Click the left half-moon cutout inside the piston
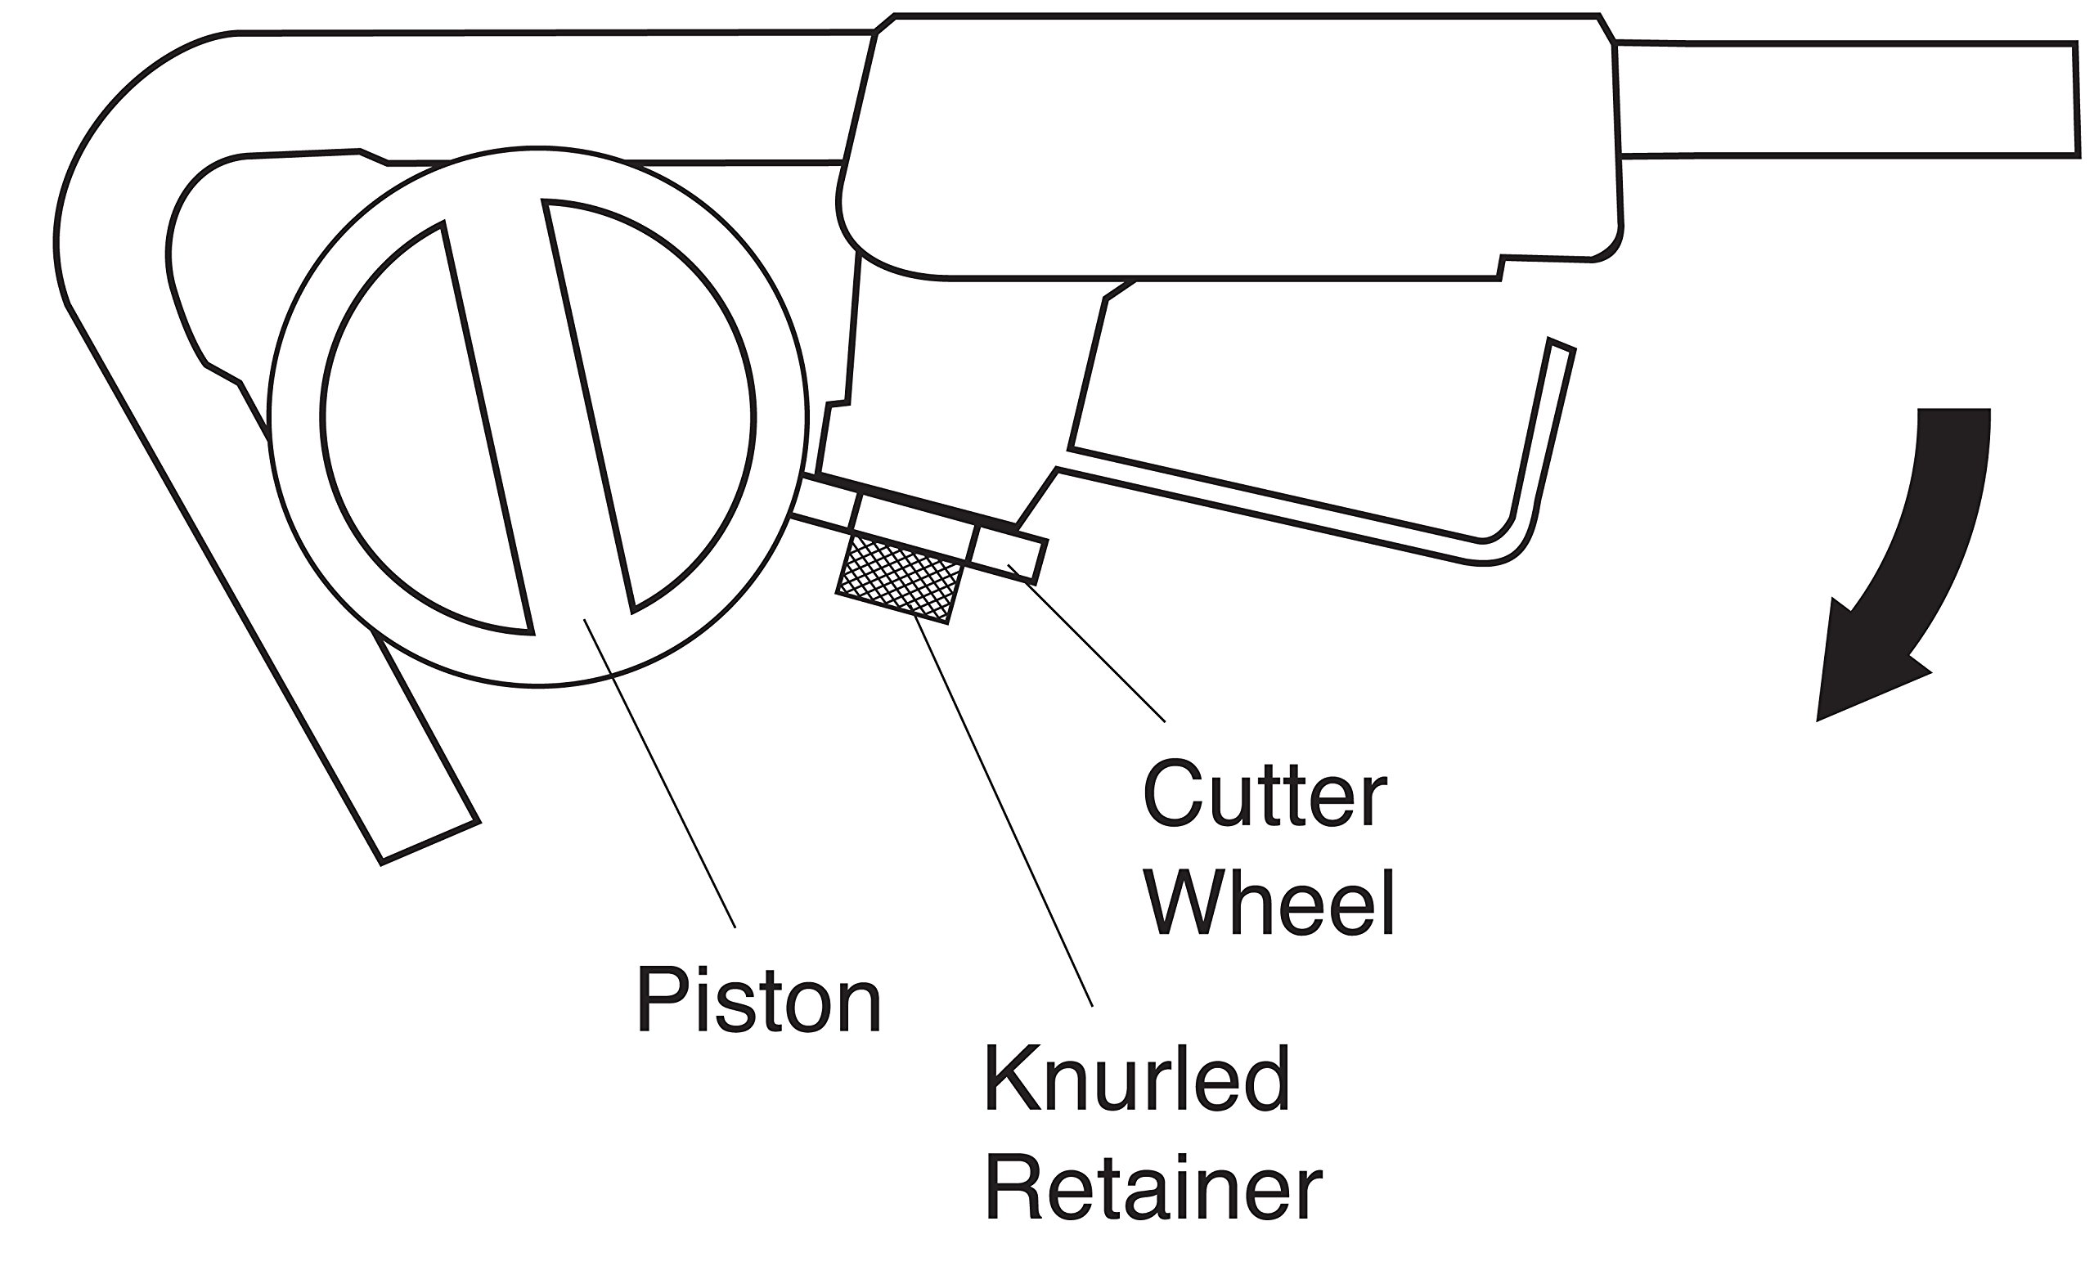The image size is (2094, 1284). point(425,425)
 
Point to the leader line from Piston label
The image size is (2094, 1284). point(658,774)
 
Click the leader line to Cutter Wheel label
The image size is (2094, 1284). point(1088,646)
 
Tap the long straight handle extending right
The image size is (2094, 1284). point(1845,100)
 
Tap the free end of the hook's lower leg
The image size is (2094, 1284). point(429,842)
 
